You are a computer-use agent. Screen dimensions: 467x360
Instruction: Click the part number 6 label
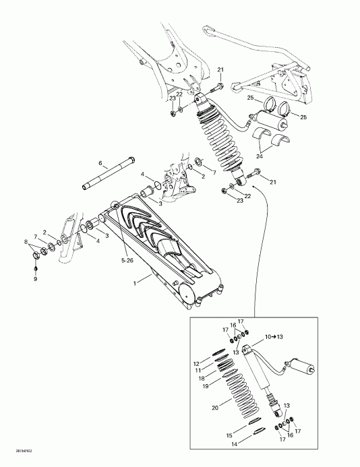pyautogui.click(x=100, y=164)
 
